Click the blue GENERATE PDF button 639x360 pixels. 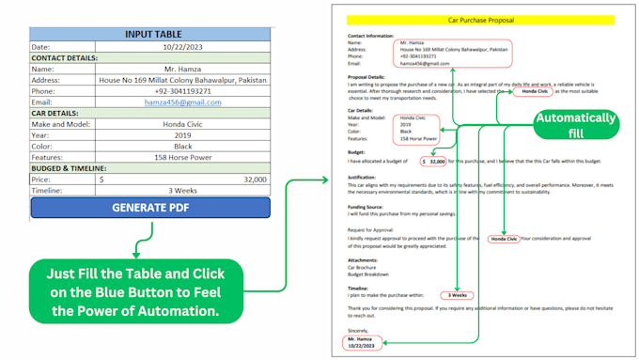tap(149, 207)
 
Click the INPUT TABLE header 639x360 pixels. tap(149, 34)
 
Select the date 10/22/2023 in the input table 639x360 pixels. tap(183, 46)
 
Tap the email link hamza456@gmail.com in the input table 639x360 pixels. tap(183, 102)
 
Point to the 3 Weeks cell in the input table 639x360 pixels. tap(183, 190)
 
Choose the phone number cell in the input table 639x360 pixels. tap(183, 91)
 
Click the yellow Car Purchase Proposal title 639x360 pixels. tap(479, 19)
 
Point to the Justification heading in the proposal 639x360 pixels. tap(362, 176)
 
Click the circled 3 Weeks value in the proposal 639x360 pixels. tap(456, 295)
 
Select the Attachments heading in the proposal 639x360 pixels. tap(363, 259)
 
